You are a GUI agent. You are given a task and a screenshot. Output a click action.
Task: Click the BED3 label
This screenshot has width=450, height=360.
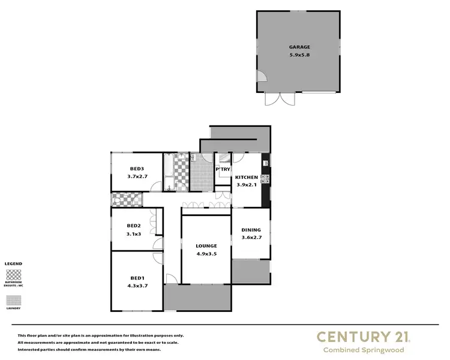pyautogui.click(x=137, y=169)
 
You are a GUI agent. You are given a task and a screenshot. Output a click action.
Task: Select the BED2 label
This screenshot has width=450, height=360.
pyautogui.click(x=134, y=226)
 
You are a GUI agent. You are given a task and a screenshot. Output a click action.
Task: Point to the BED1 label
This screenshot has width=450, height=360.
pyautogui.click(x=137, y=277)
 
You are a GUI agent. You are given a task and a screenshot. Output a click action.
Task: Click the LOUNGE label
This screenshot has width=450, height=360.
pyautogui.click(x=206, y=246)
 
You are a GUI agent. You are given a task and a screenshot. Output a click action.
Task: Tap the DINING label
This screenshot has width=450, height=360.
pyautogui.click(x=251, y=230)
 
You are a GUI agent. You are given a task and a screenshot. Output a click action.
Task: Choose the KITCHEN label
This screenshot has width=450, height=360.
pyautogui.click(x=247, y=178)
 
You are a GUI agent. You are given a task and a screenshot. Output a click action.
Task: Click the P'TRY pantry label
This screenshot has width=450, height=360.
pyautogui.click(x=223, y=169)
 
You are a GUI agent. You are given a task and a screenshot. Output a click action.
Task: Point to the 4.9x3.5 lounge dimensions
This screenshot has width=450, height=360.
pyautogui.click(x=206, y=254)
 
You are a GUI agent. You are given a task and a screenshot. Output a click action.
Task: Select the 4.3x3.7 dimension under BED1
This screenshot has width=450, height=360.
pyautogui.click(x=137, y=286)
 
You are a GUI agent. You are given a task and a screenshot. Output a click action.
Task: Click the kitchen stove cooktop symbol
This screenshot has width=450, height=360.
pyautogui.click(x=264, y=178)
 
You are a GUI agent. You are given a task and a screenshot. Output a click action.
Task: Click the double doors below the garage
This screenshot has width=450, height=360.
pyautogui.click(x=280, y=99)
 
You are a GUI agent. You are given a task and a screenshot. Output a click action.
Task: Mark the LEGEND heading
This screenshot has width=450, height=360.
pyautogui.click(x=13, y=264)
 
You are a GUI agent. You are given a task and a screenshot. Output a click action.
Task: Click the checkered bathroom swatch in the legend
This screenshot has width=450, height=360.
pyautogui.click(x=13, y=275)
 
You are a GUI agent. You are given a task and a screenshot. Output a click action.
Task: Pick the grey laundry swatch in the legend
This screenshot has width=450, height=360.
pyautogui.click(x=13, y=300)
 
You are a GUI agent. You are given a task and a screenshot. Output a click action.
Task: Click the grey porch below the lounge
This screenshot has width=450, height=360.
pyautogui.click(x=197, y=297)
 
